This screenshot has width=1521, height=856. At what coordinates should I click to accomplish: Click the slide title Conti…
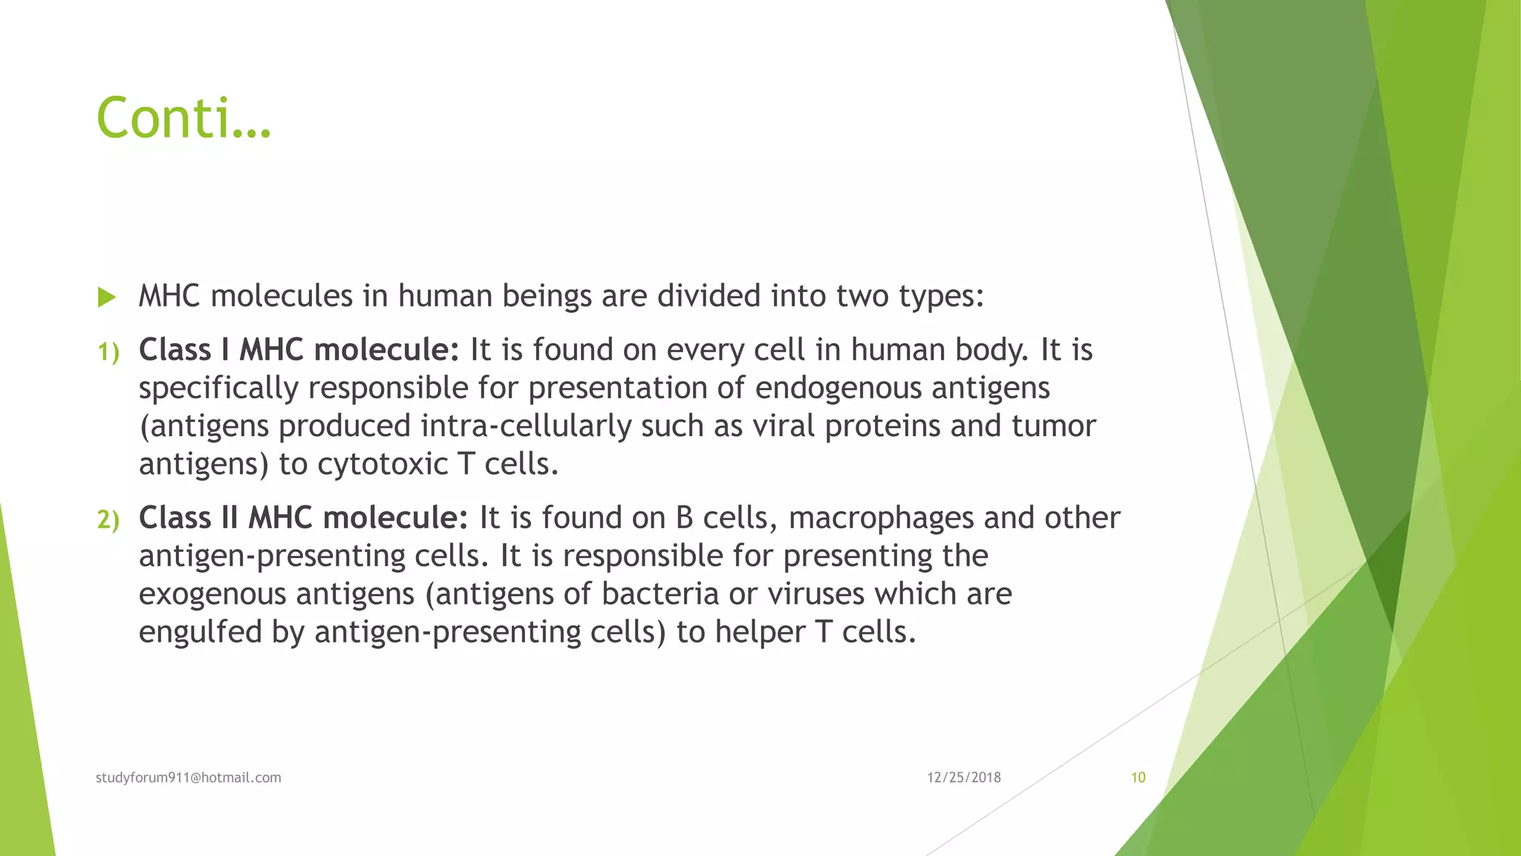pyautogui.click(x=183, y=118)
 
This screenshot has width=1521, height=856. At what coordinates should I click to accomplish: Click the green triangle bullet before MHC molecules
pyautogui.click(x=107, y=298)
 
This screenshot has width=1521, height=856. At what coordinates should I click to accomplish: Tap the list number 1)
pyautogui.click(x=108, y=352)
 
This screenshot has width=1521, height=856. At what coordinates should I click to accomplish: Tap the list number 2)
pyautogui.click(x=108, y=519)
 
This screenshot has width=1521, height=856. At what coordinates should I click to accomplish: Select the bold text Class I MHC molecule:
pyautogui.click(x=299, y=350)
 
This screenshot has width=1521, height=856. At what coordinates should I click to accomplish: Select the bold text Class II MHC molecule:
pyautogui.click(x=304, y=518)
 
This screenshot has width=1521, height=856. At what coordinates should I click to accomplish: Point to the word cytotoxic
pyautogui.click(x=382, y=464)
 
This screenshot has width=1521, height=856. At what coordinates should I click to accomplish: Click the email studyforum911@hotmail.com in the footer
pyautogui.click(x=189, y=777)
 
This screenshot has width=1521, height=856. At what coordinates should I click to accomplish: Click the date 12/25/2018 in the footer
pyautogui.click(x=963, y=777)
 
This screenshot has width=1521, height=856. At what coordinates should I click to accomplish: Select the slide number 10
pyautogui.click(x=1138, y=777)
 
